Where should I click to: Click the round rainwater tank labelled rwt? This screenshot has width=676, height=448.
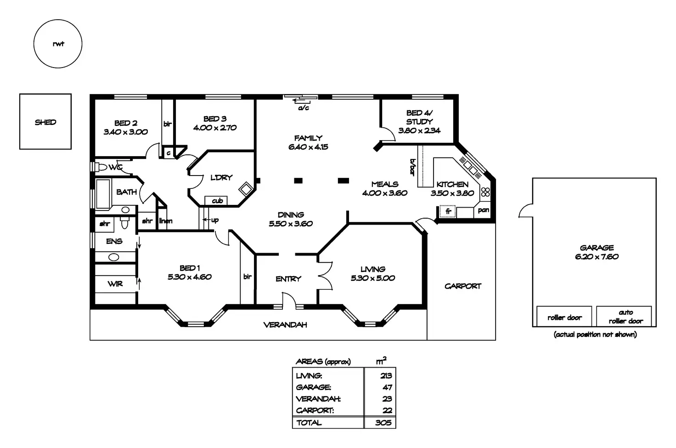(x=58, y=44)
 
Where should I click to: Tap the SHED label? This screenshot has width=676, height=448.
(x=45, y=122)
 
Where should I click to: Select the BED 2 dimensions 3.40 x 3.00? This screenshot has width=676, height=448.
(x=125, y=132)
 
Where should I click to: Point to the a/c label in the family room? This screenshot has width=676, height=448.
(x=304, y=108)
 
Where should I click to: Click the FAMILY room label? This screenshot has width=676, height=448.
(x=308, y=138)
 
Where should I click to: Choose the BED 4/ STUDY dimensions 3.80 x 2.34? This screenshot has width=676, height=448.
(x=419, y=130)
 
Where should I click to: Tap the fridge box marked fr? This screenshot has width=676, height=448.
(x=448, y=212)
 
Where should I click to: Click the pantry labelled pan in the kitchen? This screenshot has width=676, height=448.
(x=483, y=210)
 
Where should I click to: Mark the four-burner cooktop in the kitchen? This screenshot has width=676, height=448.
(x=485, y=192)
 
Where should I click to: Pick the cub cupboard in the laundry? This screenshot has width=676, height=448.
(x=217, y=201)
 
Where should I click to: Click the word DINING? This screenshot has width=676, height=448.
(x=291, y=215)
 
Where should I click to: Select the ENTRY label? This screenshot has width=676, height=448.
(x=288, y=279)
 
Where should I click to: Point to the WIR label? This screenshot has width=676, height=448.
(x=115, y=284)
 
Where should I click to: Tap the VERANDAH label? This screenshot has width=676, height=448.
(x=285, y=325)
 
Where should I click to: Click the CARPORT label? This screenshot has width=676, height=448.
(x=462, y=286)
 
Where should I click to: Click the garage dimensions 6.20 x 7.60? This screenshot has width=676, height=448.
(x=597, y=257)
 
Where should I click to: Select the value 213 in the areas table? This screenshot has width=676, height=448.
(x=386, y=376)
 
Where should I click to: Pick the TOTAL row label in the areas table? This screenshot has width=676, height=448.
(x=309, y=423)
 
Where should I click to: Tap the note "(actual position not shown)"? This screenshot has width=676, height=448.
(x=595, y=335)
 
